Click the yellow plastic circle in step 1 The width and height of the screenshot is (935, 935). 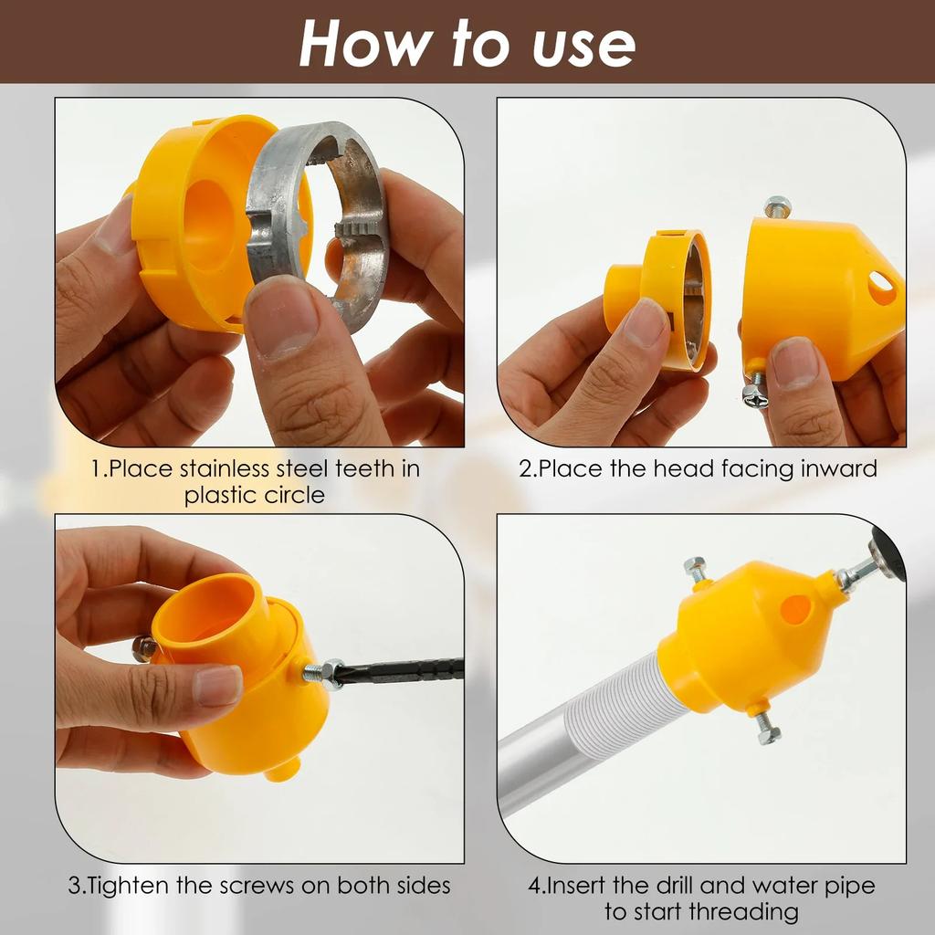[x=187, y=219]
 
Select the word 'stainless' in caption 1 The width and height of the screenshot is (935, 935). [x=227, y=469]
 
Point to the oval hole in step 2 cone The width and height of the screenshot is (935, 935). [x=881, y=289]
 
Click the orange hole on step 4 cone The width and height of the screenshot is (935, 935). [x=795, y=609]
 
